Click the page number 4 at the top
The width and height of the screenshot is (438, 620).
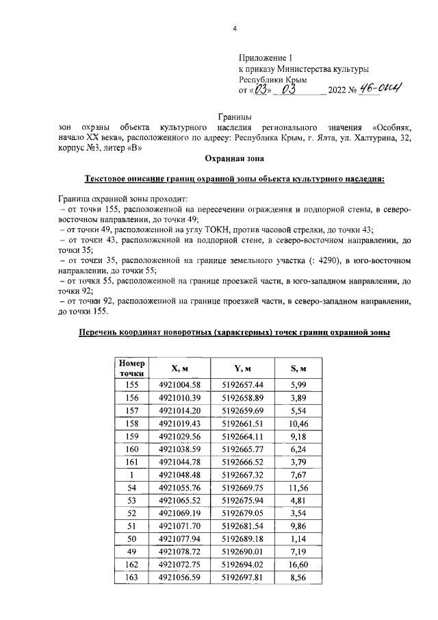(234, 28)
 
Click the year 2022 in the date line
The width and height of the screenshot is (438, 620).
(337, 90)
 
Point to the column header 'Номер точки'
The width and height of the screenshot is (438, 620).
(131, 369)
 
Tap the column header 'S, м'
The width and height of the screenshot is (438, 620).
(297, 369)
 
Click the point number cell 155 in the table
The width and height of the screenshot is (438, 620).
(131, 384)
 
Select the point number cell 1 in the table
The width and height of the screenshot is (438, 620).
(131, 475)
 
